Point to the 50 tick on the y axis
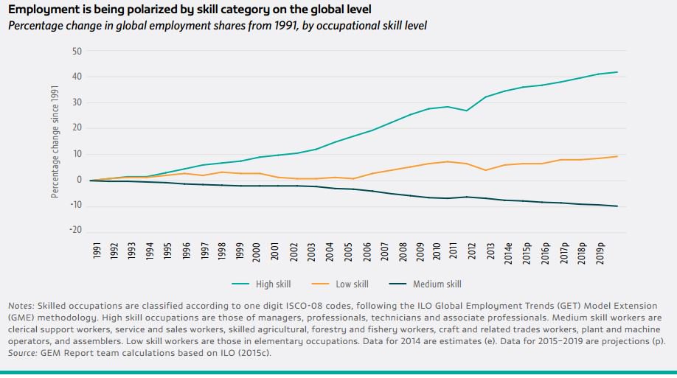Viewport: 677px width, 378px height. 77,51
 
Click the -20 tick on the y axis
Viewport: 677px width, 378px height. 75,231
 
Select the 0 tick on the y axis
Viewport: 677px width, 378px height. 79,180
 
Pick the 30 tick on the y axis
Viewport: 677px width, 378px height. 77,102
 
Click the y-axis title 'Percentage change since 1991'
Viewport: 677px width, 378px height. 55,141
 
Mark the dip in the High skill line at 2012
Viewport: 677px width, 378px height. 466,111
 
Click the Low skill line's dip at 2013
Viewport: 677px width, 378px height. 485,170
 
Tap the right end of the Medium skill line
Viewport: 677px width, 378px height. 617,206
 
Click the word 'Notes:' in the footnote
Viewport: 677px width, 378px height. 21,306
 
